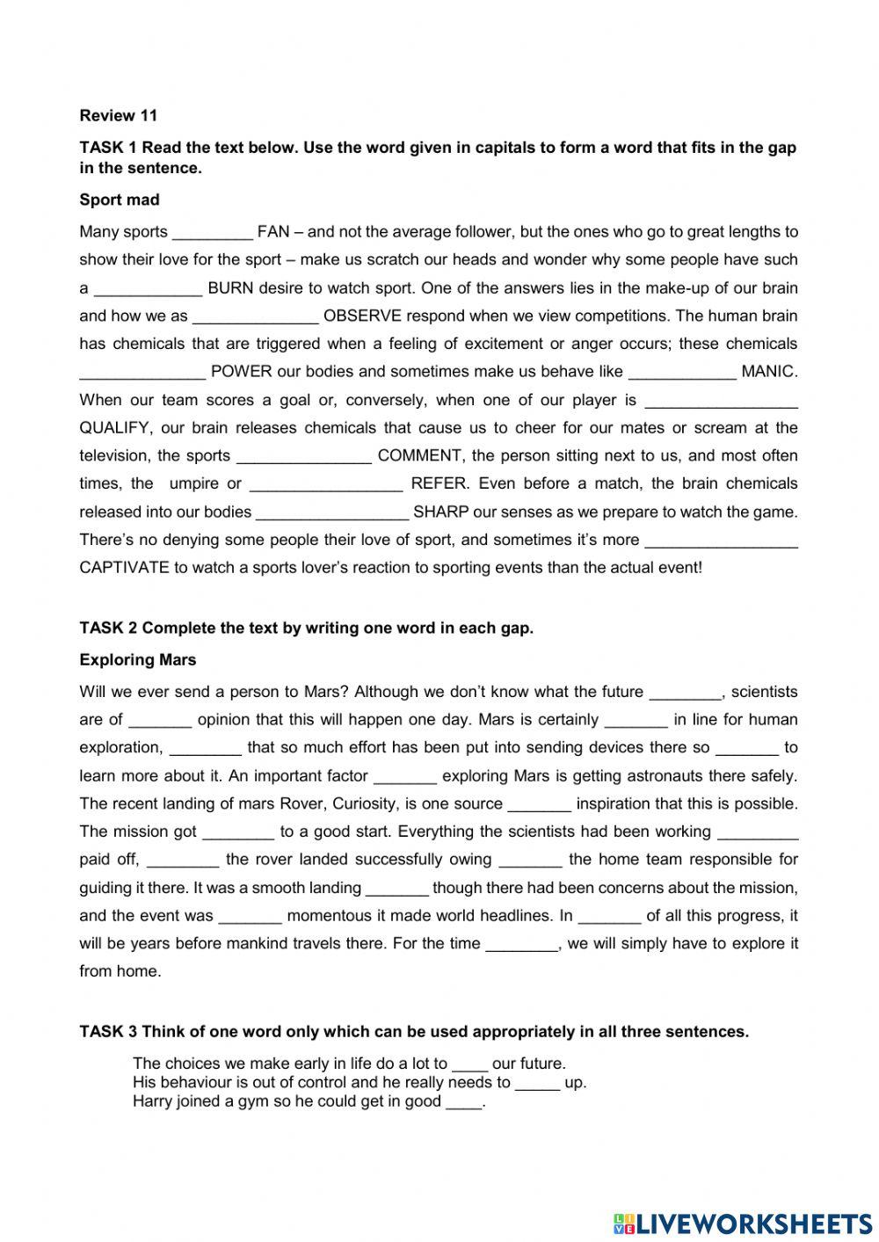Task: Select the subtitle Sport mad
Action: (x=120, y=200)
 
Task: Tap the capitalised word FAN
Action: (x=272, y=232)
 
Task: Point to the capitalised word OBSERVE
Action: (x=362, y=316)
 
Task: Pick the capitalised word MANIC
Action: (x=769, y=372)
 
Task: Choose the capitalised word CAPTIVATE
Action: (x=124, y=568)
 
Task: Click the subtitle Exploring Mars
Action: (x=138, y=660)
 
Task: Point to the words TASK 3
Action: (x=108, y=1032)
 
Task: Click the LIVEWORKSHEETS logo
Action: (x=742, y=1223)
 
